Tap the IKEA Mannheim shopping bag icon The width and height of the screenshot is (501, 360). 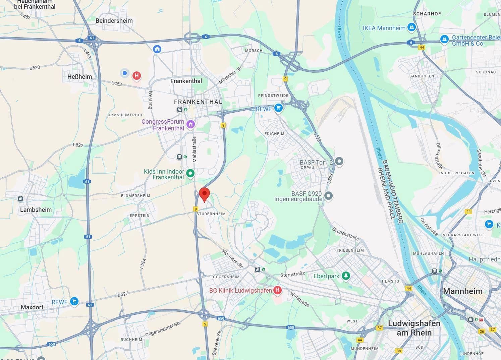(x=411, y=27)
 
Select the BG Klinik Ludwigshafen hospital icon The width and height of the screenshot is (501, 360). (x=277, y=290)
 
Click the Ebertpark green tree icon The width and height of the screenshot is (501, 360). (x=346, y=276)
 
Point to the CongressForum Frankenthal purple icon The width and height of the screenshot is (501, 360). (x=190, y=124)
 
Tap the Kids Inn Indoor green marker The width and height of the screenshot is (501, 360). (x=190, y=174)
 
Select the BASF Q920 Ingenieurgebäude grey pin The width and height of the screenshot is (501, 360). (x=328, y=195)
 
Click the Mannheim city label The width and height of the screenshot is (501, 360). (x=463, y=291)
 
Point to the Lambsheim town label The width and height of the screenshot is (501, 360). (x=36, y=210)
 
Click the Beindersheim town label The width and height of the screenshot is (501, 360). (x=114, y=21)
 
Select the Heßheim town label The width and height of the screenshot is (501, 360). (x=79, y=77)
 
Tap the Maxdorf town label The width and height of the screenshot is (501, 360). (x=32, y=307)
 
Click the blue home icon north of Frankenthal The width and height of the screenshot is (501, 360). (x=157, y=49)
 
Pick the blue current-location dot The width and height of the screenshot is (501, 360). (x=125, y=73)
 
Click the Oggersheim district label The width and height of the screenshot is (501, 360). (x=226, y=277)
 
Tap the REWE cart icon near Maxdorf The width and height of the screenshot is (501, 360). (x=74, y=301)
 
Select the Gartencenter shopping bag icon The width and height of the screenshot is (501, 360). (x=444, y=39)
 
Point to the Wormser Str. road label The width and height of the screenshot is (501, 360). (x=232, y=258)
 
